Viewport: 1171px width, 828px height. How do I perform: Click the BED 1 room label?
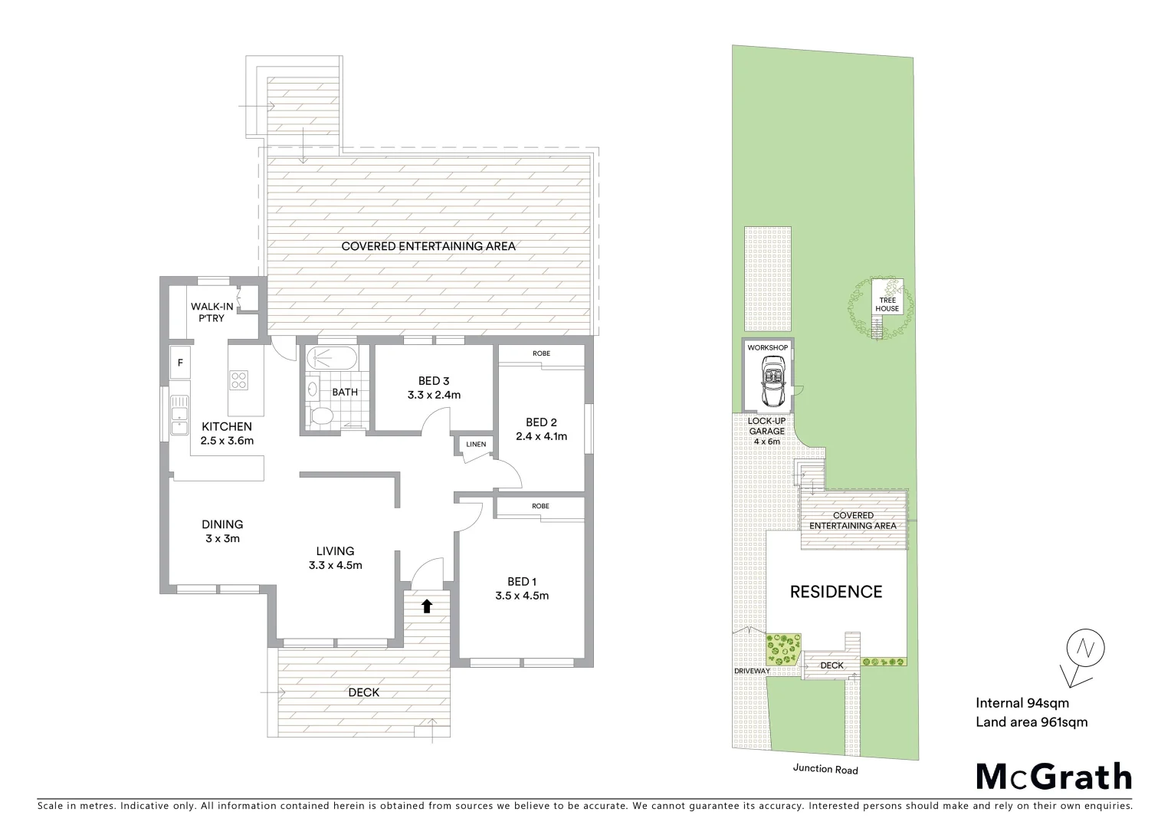click(521, 581)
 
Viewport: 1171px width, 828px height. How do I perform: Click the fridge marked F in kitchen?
click(180, 363)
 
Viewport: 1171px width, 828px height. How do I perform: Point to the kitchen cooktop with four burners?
click(238, 379)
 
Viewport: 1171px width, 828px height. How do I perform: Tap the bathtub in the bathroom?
click(331, 358)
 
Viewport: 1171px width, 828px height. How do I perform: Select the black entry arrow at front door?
click(426, 606)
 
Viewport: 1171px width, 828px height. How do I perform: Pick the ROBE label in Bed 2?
click(541, 353)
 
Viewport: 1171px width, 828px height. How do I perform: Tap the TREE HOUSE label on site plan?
click(887, 304)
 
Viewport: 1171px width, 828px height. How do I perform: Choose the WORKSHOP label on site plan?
click(767, 348)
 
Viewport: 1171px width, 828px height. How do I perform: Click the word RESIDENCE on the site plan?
click(836, 592)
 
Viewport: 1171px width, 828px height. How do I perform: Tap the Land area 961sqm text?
click(1032, 721)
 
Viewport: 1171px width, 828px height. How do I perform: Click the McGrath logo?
click(1054, 777)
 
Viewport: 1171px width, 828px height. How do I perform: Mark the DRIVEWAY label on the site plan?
click(751, 671)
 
